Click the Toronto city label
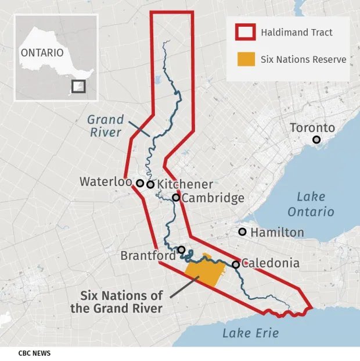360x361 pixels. click(x=312, y=128)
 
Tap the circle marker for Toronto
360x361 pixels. click(x=316, y=140)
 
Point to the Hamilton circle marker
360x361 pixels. click(x=242, y=232)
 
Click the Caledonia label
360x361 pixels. click(x=270, y=263)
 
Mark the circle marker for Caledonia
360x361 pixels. click(x=236, y=265)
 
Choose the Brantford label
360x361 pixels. click(x=148, y=256)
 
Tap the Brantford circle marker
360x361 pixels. click(x=181, y=250)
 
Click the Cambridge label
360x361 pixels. click(x=213, y=198)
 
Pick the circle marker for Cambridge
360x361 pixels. click(x=175, y=198)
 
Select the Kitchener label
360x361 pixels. click(x=185, y=184)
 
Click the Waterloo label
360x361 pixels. click(x=105, y=181)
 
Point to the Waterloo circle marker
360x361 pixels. click(x=140, y=183)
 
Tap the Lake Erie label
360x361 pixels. click(x=251, y=333)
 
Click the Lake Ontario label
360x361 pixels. click(x=315, y=203)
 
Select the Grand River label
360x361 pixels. click(x=105, y=126)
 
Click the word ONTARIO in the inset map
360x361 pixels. click(x=42, y=52)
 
